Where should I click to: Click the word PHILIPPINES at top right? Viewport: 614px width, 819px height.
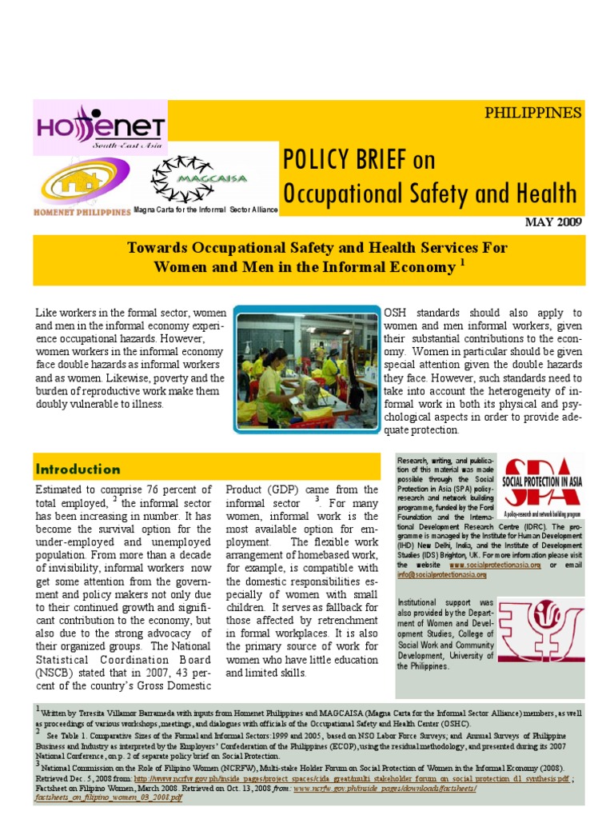[x=533, y=112]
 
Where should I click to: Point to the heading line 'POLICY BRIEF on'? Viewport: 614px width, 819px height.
[x=359, y=160]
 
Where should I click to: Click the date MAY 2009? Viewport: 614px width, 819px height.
[x=553, y=222]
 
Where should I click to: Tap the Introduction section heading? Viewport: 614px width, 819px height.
[x=78, y=469]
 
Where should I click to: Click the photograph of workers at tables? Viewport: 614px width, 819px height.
[x=307, y=371]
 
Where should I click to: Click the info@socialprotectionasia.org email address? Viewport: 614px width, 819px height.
[x=442, y=574]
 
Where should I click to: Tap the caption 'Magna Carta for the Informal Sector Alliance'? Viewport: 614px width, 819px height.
[x=206, y=209]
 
